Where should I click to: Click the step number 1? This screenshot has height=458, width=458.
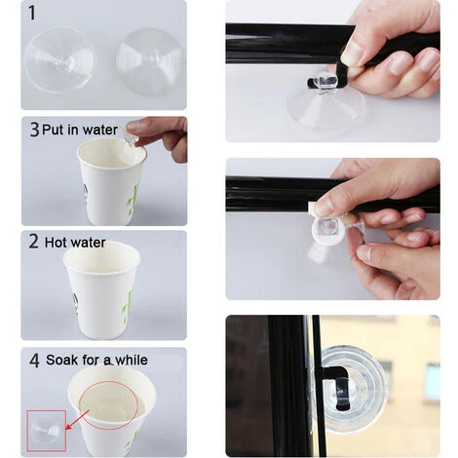(31, 14)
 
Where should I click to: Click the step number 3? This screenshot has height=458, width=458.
(34, 130)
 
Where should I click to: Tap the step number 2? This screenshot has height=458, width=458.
(33, 242)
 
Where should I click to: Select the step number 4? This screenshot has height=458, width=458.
(34, 361)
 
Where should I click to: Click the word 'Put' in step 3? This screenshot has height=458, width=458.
(53, 130)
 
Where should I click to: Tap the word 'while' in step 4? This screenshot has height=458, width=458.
(132, 360)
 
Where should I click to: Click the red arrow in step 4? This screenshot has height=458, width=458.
(77, 419)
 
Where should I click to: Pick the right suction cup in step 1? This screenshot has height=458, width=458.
(148, 61)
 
